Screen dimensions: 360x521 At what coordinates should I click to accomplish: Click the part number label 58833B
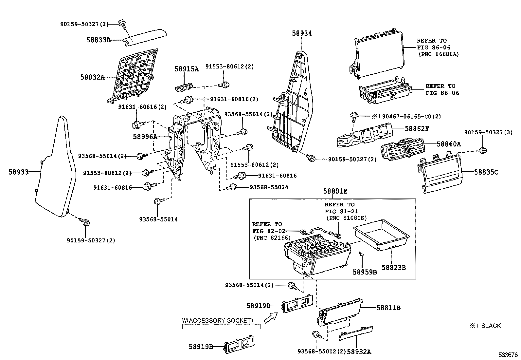(98, 40)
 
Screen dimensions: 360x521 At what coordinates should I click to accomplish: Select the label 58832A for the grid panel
(92, 77)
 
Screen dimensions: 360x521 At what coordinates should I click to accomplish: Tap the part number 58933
(18, 172)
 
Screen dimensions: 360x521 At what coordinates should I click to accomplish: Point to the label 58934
(302, 33)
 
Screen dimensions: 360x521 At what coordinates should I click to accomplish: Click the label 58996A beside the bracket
(145, 137)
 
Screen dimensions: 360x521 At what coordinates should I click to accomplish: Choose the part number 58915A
(186, 69)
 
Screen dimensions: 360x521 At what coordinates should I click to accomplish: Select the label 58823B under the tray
(394, 268)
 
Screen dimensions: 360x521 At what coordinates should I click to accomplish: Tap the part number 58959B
(365, 272)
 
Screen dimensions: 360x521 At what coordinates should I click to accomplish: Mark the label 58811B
(388, 308)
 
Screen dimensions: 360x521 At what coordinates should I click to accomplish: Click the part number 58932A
(359, 351)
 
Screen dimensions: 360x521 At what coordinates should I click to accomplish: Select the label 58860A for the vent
(448, 144)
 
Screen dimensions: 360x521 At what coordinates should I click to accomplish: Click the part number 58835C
(486, 172)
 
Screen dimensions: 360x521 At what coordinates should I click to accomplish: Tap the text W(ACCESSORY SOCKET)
(217, 320)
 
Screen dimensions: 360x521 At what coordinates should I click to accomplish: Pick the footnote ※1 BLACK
(485, 326)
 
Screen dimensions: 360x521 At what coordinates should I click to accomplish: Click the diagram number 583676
(508, 355)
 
